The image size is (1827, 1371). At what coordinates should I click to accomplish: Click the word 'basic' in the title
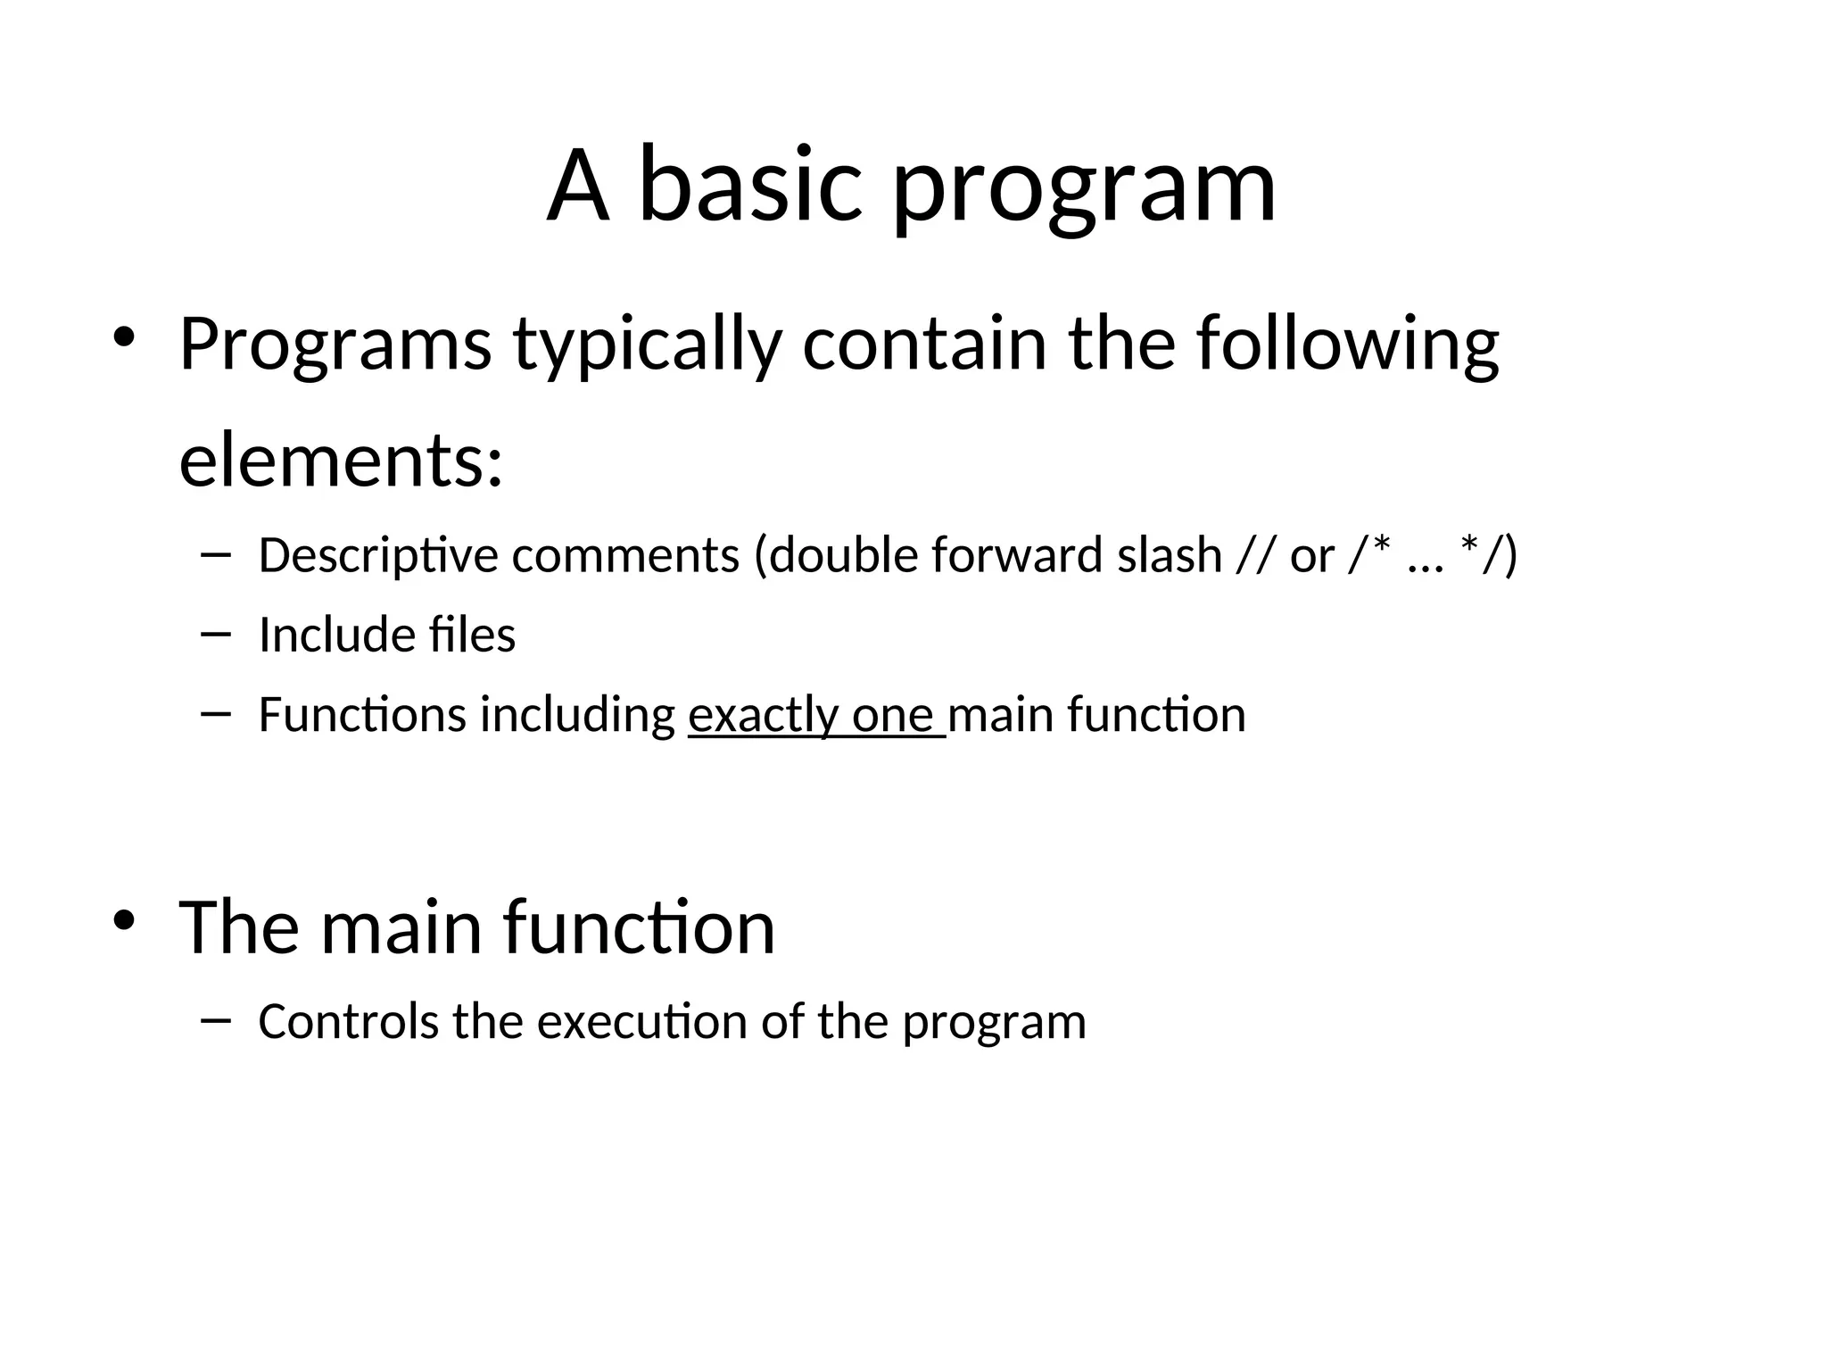[x=750, y=187]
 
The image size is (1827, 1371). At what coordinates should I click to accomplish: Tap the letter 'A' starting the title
[x=578, y=187]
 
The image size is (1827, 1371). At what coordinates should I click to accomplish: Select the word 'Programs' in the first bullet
[x=335, y=345]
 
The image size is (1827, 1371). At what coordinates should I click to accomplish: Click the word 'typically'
[x=648, y=345]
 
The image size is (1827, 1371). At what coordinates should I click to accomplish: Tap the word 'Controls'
[x=348, y=1022]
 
